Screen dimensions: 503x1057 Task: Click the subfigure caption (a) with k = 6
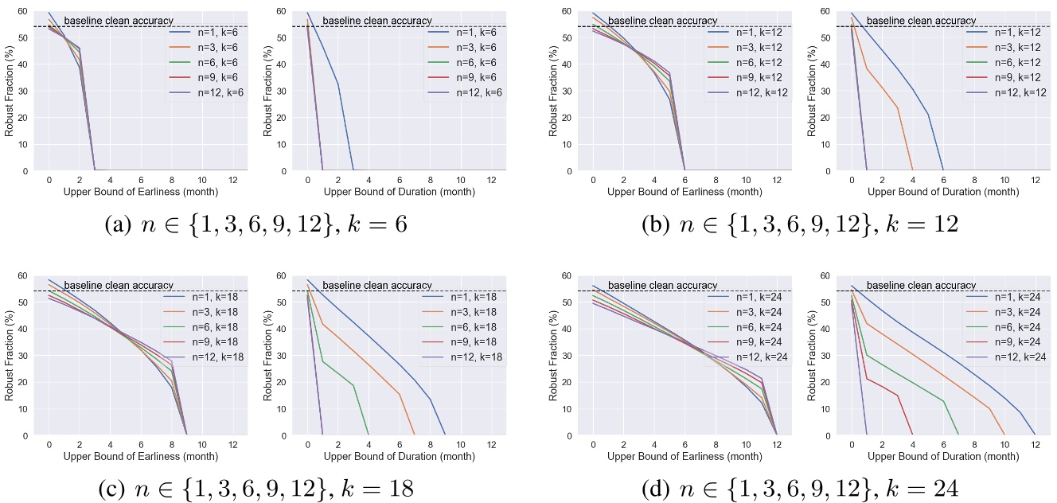(x=256, y=224)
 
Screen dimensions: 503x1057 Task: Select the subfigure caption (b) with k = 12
(x=800, y=224)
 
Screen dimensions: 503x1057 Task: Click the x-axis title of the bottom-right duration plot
(x=942, y=456)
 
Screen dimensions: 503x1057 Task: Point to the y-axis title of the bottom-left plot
(x=9, y=355)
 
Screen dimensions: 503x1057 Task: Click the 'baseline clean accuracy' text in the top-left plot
(x=119, y=21)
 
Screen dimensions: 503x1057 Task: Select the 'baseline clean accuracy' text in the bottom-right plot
(x=921, y=285)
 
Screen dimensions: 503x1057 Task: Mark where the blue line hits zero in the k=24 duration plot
(x=1035, y=435)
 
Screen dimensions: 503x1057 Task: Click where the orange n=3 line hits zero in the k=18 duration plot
(x=415, y=435)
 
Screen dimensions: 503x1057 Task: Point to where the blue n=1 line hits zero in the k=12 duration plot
(x=943, y=170)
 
